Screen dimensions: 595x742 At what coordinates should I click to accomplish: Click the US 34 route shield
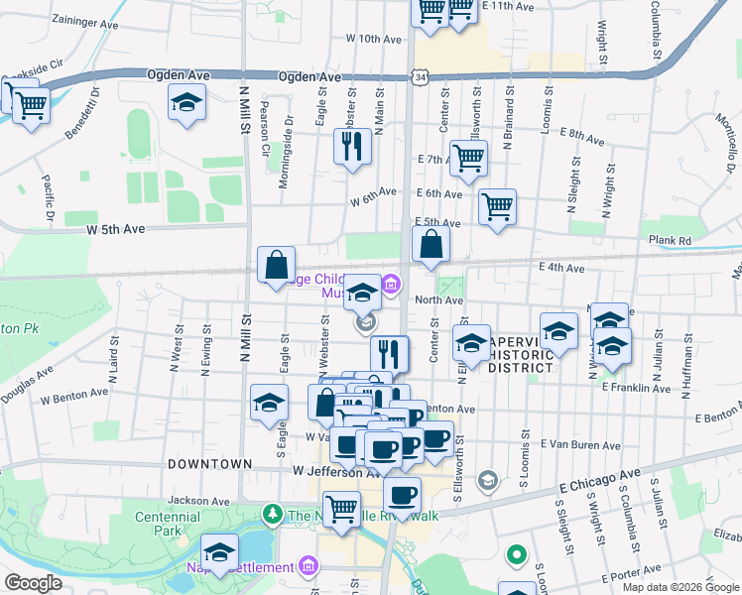pyautogui.click(x=423, y=76)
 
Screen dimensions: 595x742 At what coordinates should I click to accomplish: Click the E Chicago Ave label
pyautogui.click(x=600, y=481)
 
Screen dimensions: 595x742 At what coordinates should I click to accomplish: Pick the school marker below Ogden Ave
pyautogui.click(x=185, y=103)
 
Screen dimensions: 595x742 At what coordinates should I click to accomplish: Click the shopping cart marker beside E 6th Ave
pyautogui.click(x=497, y=206)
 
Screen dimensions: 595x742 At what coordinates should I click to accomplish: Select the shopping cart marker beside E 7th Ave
pyautogui.click(x=468, y=157)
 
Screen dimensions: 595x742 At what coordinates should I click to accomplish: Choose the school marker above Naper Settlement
pyautogui.click(x=220, y=551)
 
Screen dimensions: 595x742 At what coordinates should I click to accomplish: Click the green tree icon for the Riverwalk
pyautogui.click(x=272, y=514)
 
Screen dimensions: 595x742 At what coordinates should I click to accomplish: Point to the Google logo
pyautogui.click(x=33, y=583)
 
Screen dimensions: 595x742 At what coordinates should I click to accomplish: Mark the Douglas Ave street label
pyautogui.click(x=27, y=388)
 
